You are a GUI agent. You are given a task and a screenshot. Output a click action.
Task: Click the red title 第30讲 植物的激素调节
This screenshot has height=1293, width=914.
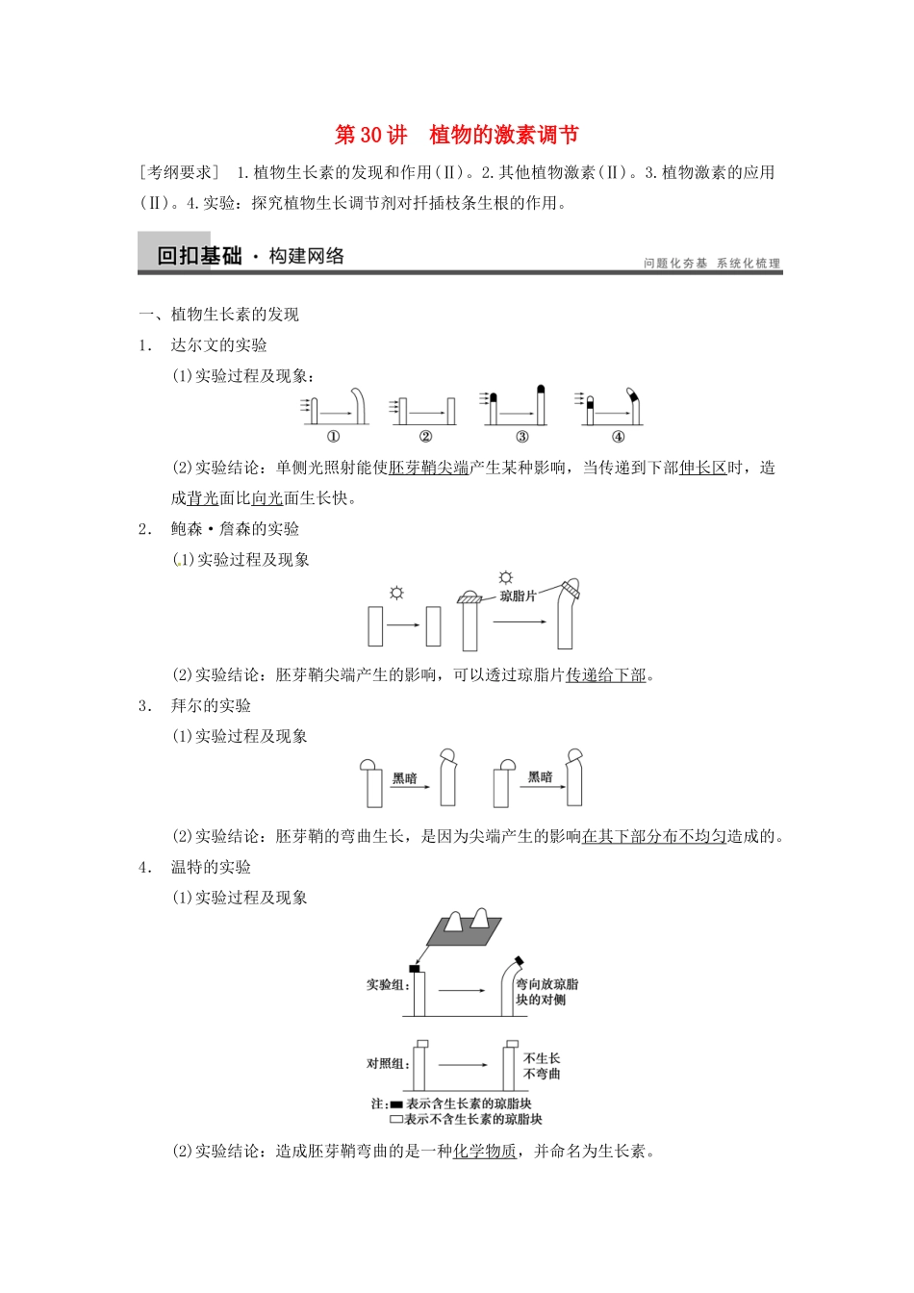[x=456, y=135]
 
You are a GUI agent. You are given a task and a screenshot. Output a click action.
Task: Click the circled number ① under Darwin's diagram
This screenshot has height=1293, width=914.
[x=333, y=437]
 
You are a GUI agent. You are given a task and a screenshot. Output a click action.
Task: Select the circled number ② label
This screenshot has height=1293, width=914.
[x=425, y=437]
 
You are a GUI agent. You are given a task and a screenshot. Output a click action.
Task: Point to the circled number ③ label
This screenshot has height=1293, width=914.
[x=521, y=437]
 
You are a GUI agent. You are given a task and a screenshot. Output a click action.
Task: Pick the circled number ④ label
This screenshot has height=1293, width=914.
[x=618, y=437]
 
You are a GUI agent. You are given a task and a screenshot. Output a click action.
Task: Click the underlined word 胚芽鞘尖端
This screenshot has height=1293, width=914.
[x=429, y=469]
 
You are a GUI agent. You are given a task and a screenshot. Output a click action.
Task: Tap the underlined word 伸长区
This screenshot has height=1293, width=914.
[x=702, y=469]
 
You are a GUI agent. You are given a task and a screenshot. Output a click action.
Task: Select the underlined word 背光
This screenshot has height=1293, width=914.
[x=203, y=498]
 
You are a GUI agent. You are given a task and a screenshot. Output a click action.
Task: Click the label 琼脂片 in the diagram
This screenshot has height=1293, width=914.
[x=518, y=596]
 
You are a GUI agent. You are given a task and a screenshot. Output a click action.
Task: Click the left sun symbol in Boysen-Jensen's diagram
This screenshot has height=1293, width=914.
[x=396, y=593]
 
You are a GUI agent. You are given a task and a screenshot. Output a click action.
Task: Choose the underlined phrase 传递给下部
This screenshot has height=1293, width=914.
[x=606, y=675]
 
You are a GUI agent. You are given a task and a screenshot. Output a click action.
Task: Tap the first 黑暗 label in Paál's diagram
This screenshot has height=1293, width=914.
[x=405, y=778]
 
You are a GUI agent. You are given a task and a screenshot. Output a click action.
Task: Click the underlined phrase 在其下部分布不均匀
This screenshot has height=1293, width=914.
[x=654, y=837]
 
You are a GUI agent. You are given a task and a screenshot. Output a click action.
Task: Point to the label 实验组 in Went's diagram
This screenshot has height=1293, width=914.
[x=387, y=985]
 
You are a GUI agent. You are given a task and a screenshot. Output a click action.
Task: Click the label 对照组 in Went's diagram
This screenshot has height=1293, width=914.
[x=387, y=1064]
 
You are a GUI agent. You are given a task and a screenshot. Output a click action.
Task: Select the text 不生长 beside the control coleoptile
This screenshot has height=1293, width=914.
[x=542, y=1058]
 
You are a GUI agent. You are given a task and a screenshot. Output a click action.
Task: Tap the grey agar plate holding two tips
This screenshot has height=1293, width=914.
[x=464, y=927]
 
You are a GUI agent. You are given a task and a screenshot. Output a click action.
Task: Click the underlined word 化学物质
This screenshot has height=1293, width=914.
[x=485, y=1152]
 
